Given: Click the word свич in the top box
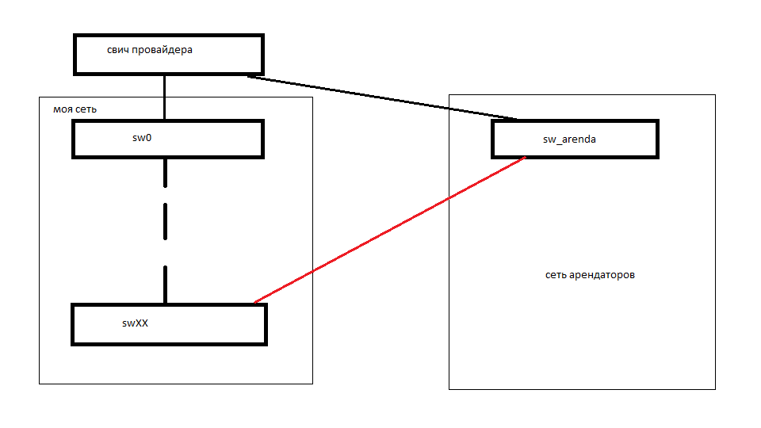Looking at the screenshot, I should pyautogui.click(x=118, y=50).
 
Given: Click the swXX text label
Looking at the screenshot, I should pyautogui.click(x=135, y=323).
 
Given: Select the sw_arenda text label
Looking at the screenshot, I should pyautogui.click(x=569, y=139).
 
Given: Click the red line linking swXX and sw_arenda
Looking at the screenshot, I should pyautogui.click(x=388, y=230).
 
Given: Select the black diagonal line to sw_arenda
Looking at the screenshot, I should pyautogui.click(x=380, y=97).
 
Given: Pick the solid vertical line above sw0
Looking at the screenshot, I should pyautogui.click(x=164, y=97).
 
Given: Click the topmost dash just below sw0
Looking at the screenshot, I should pyautogui.click(x=165, y=173).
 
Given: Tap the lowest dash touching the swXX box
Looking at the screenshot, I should pyautogui.click(x=165, y=285).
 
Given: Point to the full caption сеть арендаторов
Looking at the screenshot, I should pyautogui.click(x=590, y=276).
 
